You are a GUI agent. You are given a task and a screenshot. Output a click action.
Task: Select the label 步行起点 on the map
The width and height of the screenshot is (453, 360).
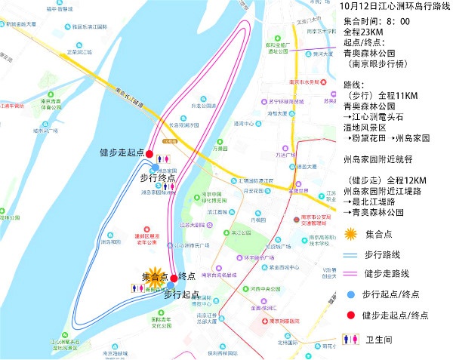click(x=181, y=294)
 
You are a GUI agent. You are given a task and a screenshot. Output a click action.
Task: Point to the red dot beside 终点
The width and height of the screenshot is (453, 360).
click(x=174, y=276)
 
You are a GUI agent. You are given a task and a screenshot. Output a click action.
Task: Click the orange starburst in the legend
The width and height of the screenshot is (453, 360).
click(x=349, y=232)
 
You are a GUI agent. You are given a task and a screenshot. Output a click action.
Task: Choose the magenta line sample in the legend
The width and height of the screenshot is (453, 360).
click(x=349, y=273)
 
